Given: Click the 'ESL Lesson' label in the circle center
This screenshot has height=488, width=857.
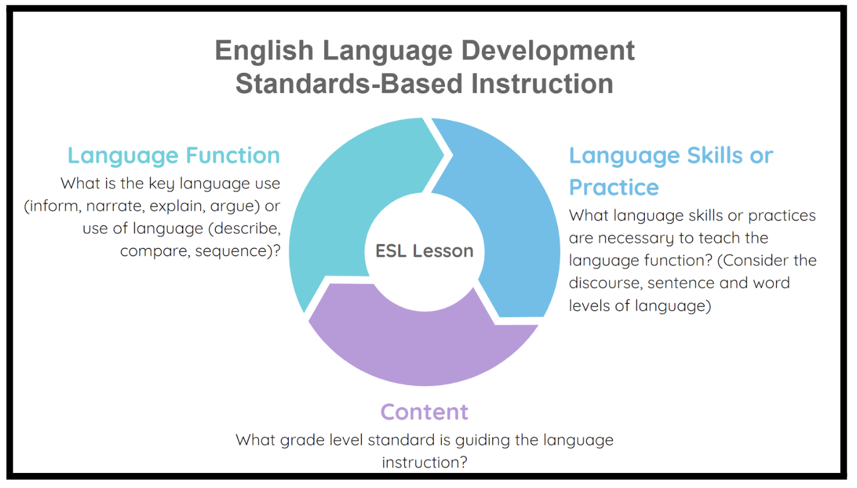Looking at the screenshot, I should coord(424,251).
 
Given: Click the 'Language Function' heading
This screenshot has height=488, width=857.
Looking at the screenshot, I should coord(174,155).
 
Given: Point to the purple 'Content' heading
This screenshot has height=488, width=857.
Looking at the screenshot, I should coord(424,412).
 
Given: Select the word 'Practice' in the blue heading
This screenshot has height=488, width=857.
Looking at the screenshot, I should coord(614,187).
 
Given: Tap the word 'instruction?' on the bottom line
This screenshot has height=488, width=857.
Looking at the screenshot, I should coord(424,462).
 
